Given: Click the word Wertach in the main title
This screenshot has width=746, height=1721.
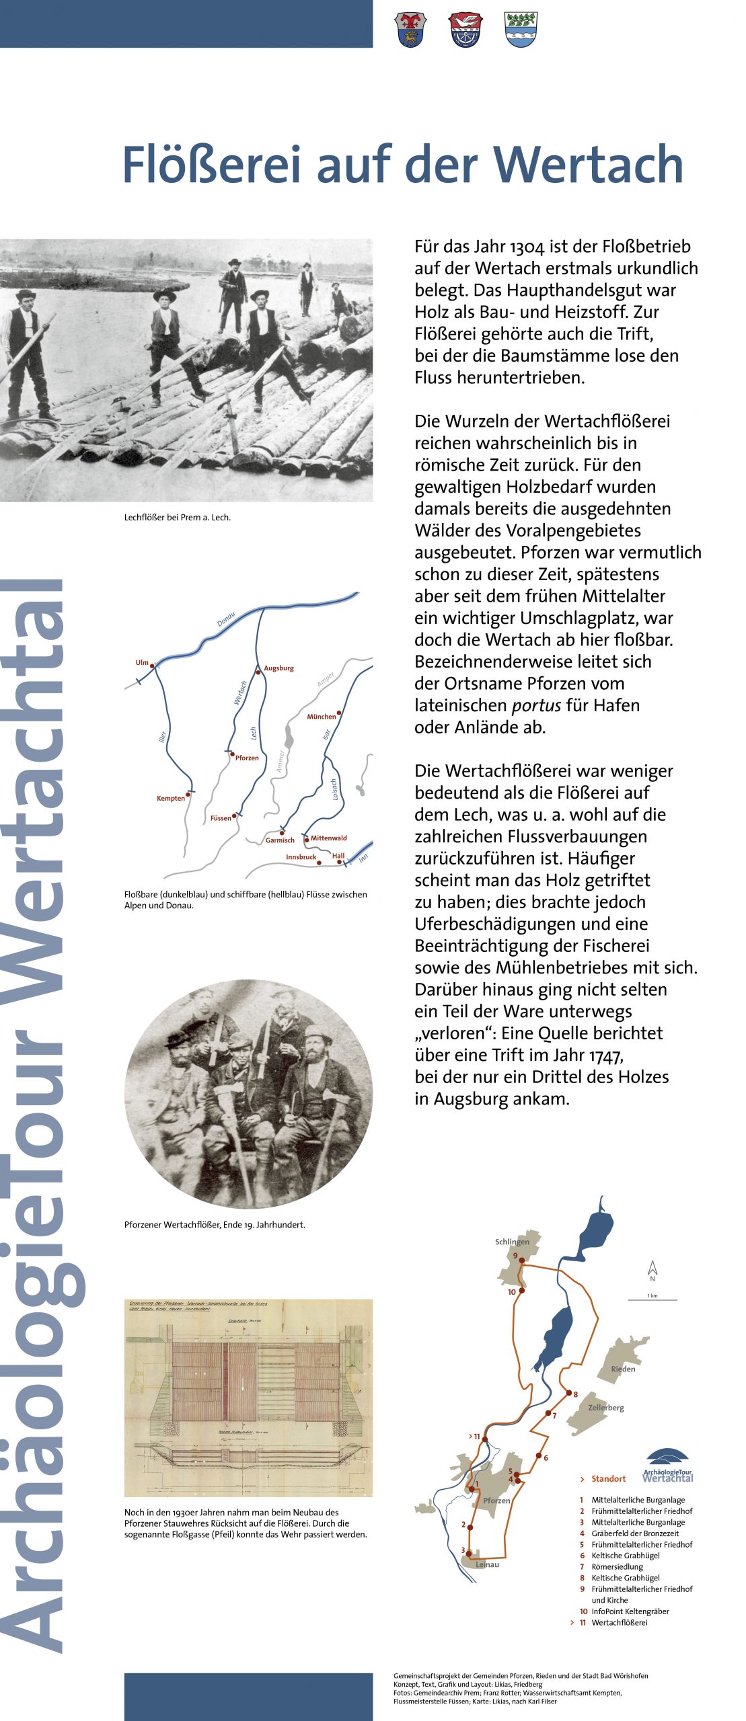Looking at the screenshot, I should tap(589, 165).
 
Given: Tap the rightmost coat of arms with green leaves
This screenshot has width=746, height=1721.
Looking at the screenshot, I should tap(521, 30).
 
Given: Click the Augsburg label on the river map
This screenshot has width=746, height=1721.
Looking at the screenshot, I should tap(278, 668).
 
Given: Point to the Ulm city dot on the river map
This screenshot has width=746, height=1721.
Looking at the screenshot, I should tap(152, 666).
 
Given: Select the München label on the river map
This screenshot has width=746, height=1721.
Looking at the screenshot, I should tap(321, 717).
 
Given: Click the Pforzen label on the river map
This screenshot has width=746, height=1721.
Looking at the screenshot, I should tap(247, 758).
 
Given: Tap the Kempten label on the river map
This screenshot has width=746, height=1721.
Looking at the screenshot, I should tap(170, 798).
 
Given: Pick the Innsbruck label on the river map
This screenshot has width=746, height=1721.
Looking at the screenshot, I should tap(301, 857).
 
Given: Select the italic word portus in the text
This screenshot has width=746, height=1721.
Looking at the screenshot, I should tap(536, 705).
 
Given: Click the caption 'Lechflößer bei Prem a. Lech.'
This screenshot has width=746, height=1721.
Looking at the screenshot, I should tap(178, 517).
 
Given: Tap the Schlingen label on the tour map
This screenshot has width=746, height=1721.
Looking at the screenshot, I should tap(512, 1242).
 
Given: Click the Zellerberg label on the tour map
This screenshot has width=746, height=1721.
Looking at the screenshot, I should tap(605, 1407).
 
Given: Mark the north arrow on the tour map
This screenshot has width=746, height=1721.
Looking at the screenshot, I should tap(652, 1269).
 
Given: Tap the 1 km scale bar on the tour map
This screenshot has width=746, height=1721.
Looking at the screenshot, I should tap(652, 1299).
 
